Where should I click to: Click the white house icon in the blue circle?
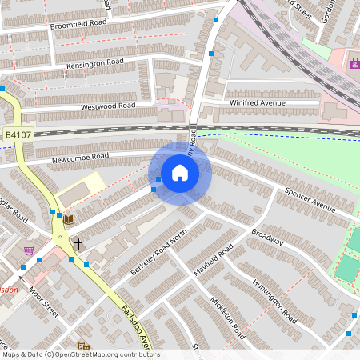coord(180,173)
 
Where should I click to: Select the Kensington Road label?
coord(97,62)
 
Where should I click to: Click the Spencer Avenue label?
coord(311,198)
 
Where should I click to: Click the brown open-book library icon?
coord(70,218)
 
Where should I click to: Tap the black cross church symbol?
coord(78,242)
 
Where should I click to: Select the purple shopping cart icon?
coord(29,250)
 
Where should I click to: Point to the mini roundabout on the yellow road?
coord(58,237)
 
